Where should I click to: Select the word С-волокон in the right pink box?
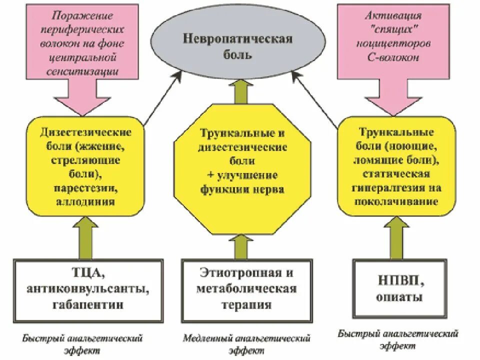point(396,57)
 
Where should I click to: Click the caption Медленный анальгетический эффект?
point(246,344)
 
